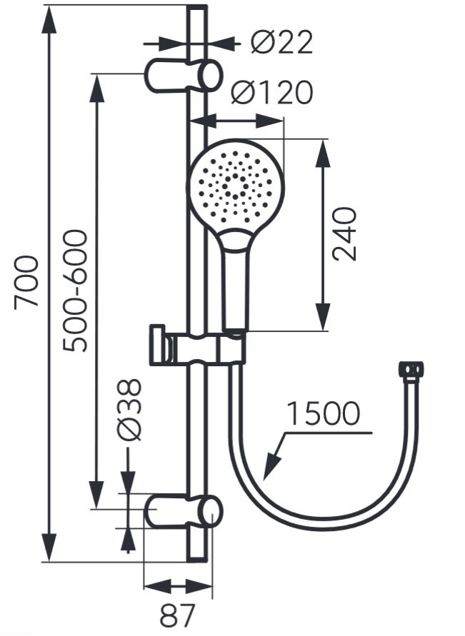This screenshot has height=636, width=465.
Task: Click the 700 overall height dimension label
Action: (x=26, y=282)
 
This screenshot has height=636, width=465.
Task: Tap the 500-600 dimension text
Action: (x=75, y=291)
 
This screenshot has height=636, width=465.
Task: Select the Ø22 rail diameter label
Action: (x=281, y=42)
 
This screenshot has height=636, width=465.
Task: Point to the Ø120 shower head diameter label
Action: (x=272, y=92)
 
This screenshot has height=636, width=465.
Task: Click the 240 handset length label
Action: (x=344, y=234)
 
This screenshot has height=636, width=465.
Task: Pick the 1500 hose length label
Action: (x=323, y=413)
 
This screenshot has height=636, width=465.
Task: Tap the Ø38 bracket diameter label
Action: (x=129, y=410)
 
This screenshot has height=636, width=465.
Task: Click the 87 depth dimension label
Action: (x=177, y=615)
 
